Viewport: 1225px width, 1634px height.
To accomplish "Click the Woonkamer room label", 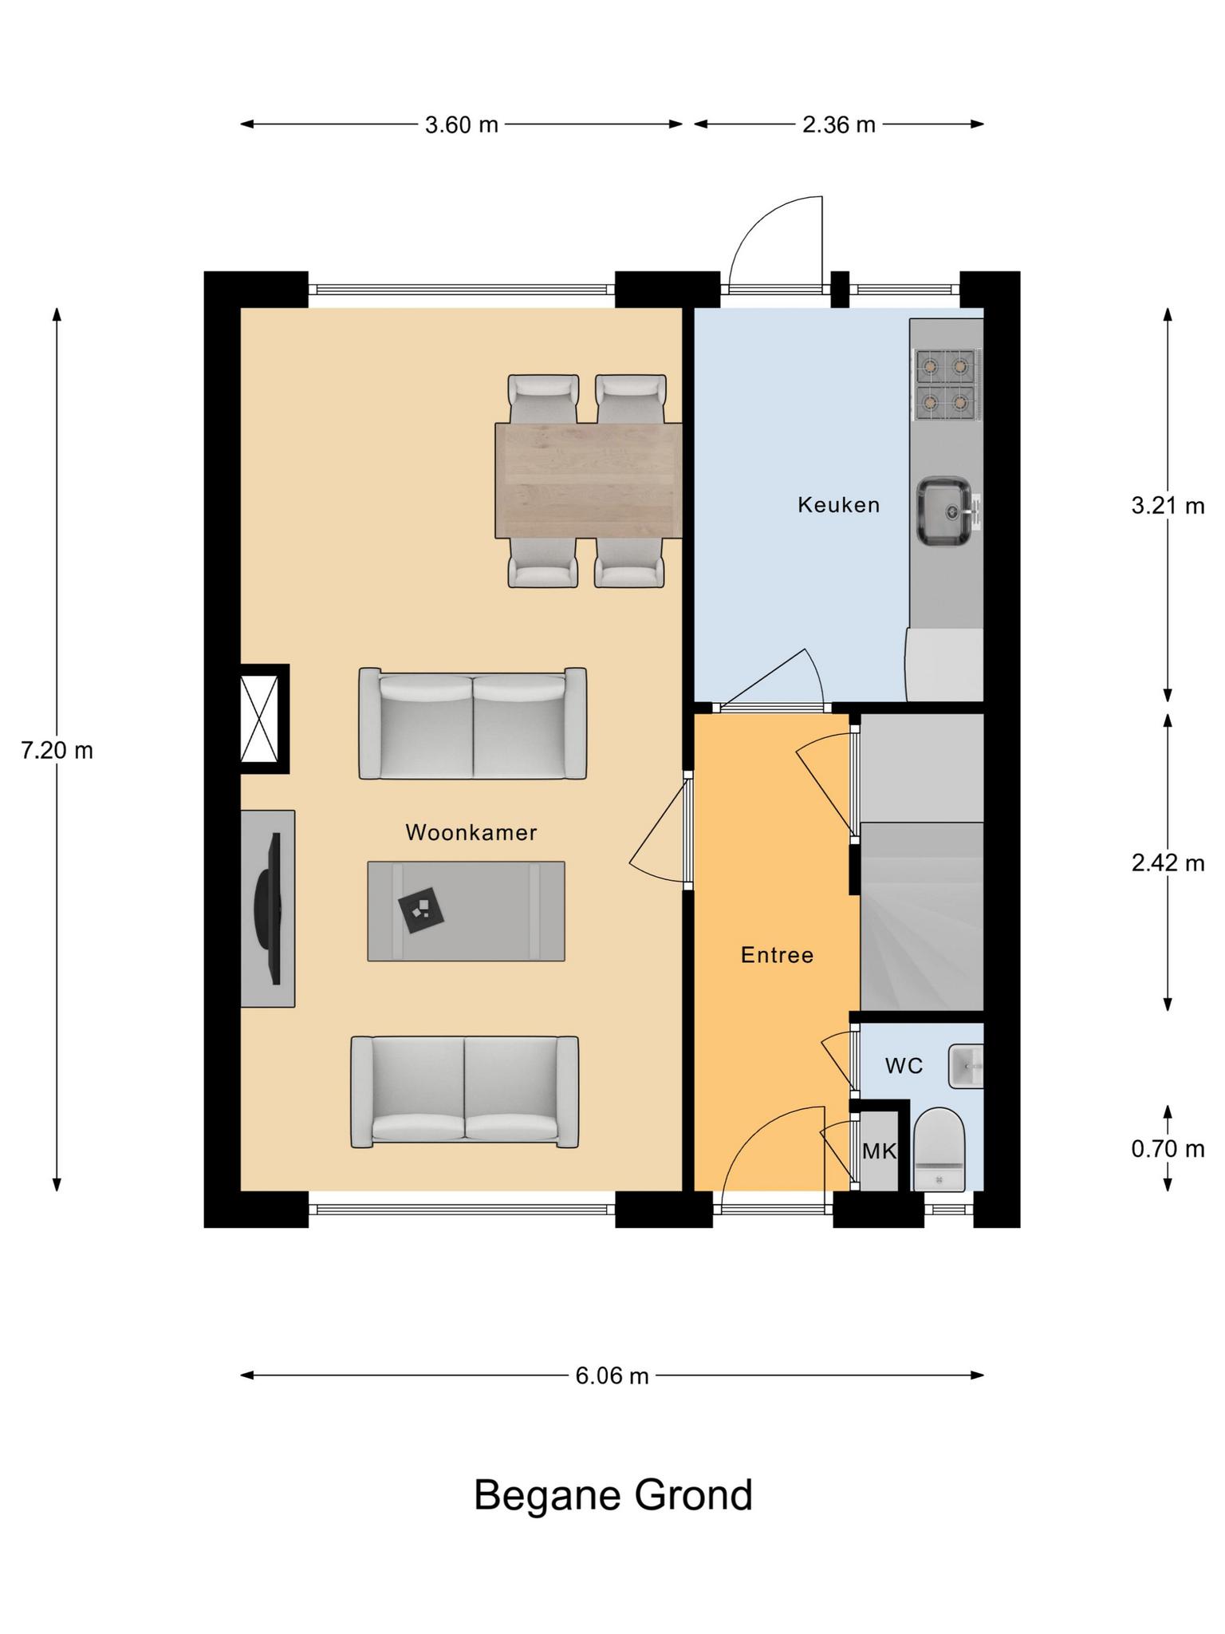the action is (x=471, y=832).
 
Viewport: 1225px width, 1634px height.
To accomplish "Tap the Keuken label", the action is (x=839, y=504).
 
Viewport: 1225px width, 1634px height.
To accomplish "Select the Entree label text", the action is (x=777, y=955).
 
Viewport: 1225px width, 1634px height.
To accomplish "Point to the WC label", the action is (x=904, y=1065).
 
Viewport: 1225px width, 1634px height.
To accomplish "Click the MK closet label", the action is (x=879, y=1151).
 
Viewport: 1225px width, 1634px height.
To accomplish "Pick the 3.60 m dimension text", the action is (x=462, y=124).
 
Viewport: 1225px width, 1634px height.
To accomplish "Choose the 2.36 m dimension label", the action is (x=839, y=124).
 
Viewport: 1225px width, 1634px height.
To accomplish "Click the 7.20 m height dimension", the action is (x=57, y=751).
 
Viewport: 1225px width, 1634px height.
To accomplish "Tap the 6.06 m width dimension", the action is (x=612, y=1375).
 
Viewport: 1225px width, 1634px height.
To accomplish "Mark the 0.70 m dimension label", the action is (x=1168, y=1149).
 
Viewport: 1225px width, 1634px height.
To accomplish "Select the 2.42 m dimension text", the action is (x=1168, y=862).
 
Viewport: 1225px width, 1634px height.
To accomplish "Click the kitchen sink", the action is (x=947, y=511).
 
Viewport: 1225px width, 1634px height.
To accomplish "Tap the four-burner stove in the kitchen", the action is (x=946, y=385).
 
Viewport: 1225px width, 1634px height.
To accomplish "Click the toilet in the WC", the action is (x=939, y=1149).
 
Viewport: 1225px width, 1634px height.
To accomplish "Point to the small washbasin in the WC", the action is (x=966, y=1066).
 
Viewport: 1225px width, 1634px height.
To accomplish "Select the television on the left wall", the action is (x=269, y=909).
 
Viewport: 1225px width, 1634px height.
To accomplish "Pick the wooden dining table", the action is (x=589, y=480).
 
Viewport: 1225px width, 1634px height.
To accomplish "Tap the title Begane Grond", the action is (x=612, y=1494).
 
